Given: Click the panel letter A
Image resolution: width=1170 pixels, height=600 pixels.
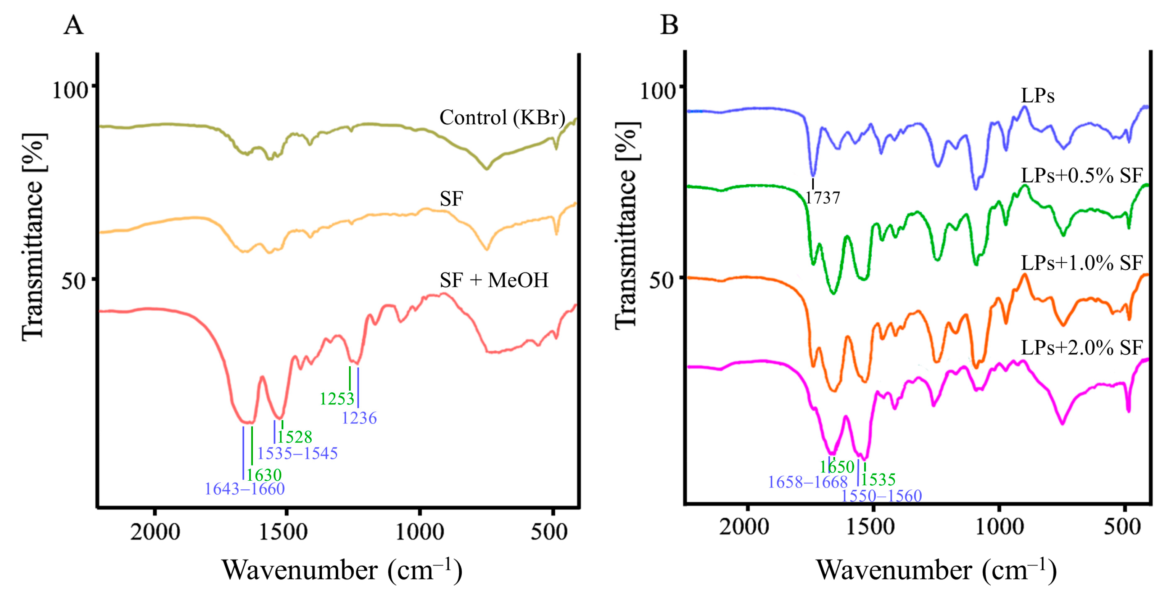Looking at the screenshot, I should click(73, 26).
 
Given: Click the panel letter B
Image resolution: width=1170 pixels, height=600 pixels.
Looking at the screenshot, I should click(669, 26).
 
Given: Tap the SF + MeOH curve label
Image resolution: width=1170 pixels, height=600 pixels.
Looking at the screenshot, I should click(494, 280).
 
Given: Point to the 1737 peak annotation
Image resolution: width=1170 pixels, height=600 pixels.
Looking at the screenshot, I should click(822, 197).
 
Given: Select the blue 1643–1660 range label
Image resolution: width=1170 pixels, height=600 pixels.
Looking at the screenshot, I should click(245, 489).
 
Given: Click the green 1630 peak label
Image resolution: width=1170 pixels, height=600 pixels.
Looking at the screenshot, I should click(264, 475).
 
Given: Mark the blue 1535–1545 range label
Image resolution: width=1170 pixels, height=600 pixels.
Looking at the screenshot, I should click(298, 453).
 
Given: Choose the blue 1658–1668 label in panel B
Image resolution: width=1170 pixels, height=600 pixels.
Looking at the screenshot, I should click(808, 481).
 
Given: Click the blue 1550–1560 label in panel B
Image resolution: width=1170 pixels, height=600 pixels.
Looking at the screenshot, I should click(881, 496).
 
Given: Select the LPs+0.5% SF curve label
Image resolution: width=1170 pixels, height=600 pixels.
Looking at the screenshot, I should click(1081, 176).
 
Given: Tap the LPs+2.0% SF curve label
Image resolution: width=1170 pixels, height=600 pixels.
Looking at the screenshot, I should click(1081, 348).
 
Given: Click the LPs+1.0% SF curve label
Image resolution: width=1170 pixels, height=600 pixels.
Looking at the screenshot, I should click(1081, 263).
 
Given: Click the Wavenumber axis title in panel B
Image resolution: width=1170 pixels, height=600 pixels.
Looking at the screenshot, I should click(936, 570).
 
